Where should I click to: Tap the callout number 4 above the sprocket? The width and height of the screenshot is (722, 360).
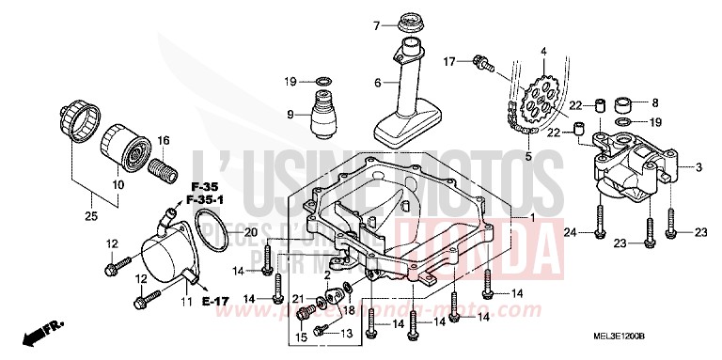coord(542,50)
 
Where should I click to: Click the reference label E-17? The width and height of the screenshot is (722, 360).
coord(215,301)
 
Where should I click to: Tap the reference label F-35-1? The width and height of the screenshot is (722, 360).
coord(211,198)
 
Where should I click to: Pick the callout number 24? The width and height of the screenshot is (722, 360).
coord(570,231)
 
